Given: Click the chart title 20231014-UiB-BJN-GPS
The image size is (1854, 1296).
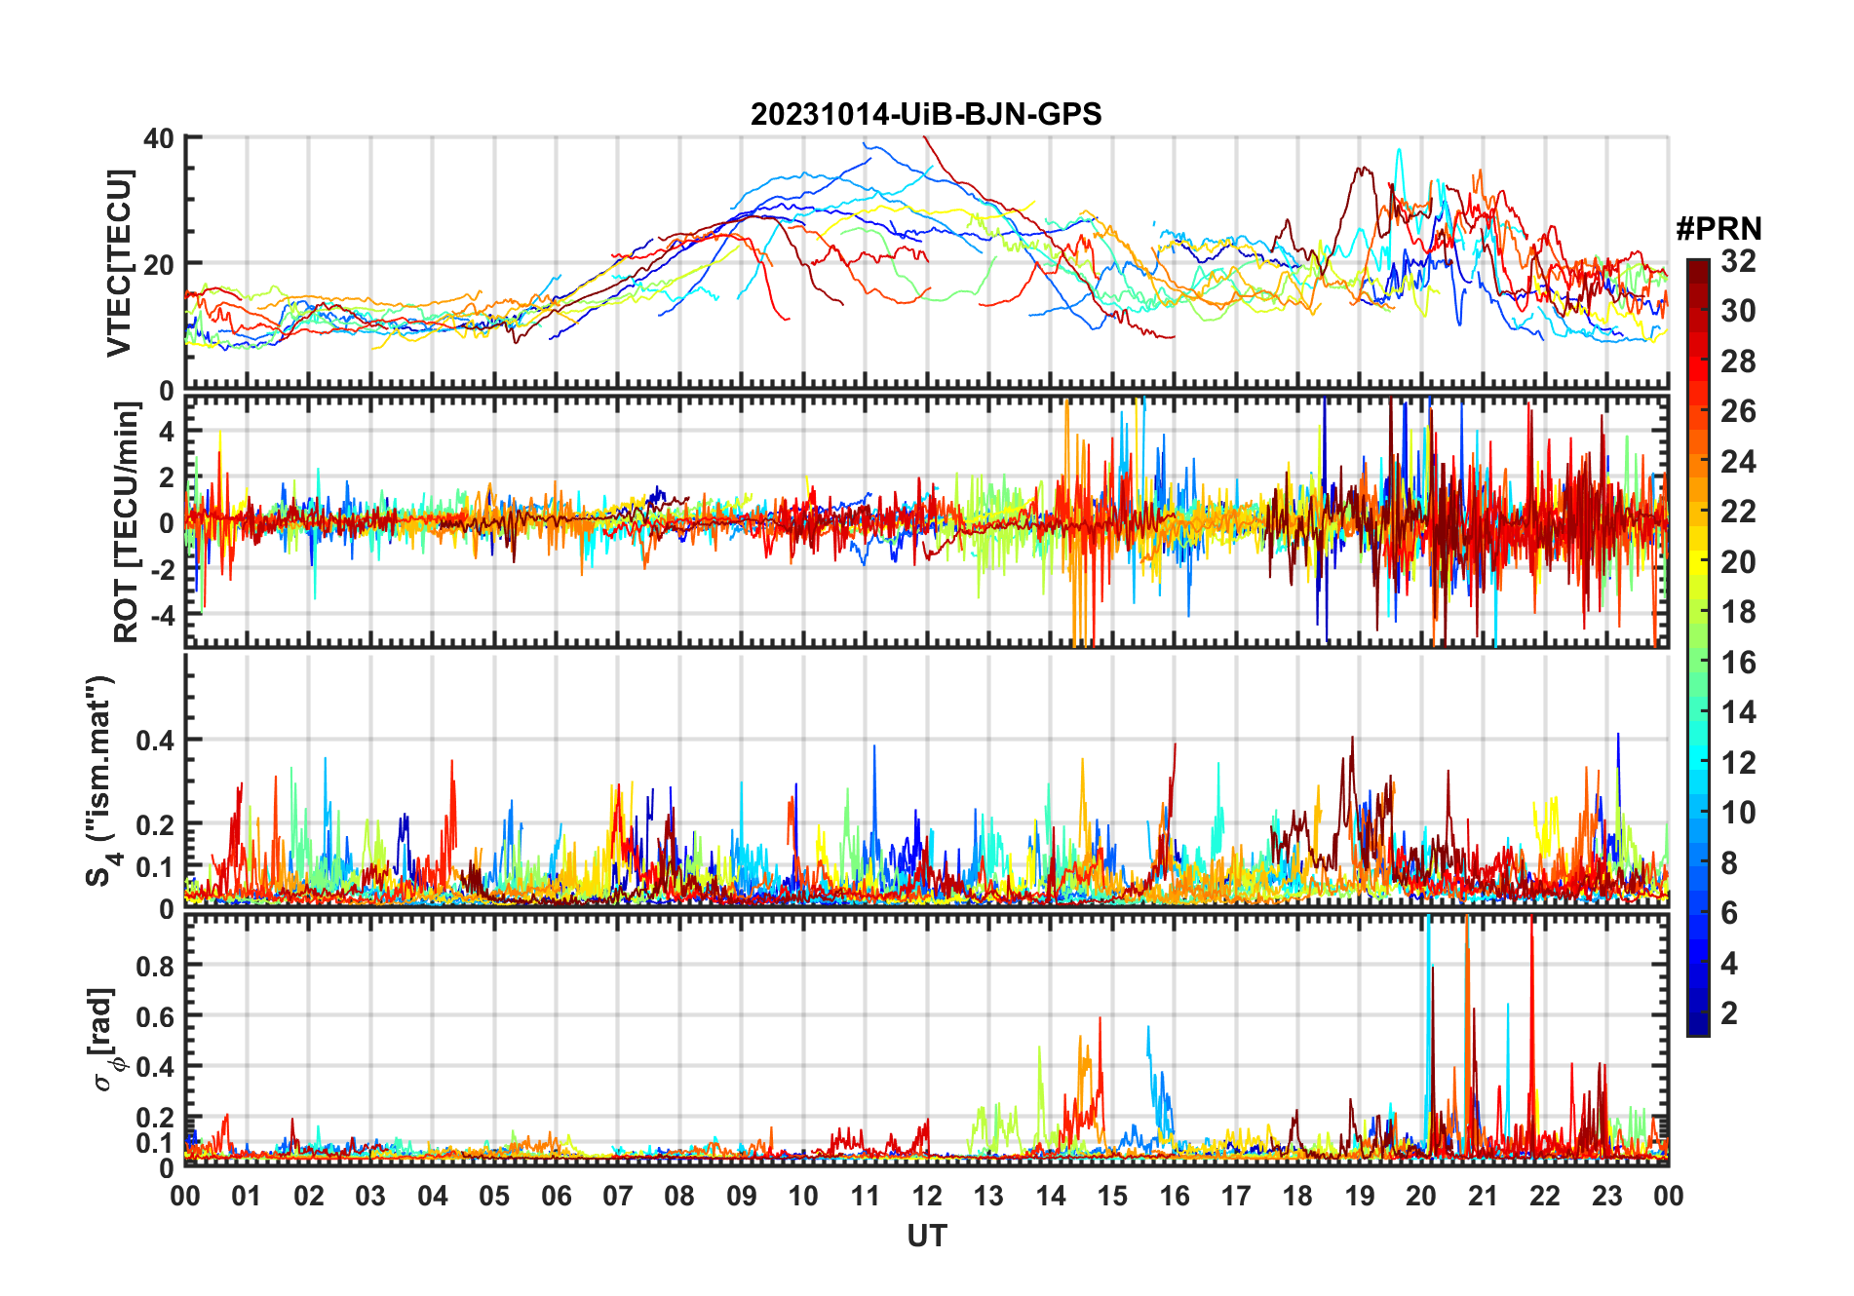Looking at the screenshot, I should [925, 115].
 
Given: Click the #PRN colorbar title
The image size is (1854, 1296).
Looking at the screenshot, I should [1719, 229].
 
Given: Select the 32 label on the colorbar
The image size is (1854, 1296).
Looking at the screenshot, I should [1738, 261].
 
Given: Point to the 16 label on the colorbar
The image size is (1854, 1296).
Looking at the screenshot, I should [1738, 663].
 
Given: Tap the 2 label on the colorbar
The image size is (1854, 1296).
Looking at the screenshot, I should [1729, 1013].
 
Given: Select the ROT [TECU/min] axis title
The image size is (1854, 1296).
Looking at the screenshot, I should [126, 522].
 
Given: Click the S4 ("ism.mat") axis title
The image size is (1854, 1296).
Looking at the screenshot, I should [101, 781].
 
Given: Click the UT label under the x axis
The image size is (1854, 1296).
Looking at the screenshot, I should [926, 1237].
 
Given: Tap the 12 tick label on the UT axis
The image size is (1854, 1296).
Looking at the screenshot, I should [927, 1197].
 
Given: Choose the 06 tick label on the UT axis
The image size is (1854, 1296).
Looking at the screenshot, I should [557, 1197].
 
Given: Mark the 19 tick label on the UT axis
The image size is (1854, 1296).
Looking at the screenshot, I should [1360, 1197].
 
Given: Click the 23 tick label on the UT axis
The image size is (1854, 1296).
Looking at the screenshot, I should [1606, 1197].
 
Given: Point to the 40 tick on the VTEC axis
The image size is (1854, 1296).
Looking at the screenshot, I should [158, 138].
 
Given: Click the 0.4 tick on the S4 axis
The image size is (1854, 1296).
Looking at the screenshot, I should [155, 741].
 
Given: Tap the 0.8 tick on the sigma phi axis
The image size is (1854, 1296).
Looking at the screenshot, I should [155, 966].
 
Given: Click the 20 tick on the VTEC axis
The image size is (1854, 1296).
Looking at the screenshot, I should [158, 264].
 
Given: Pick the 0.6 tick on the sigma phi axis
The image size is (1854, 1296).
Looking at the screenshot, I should [155, 1016].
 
